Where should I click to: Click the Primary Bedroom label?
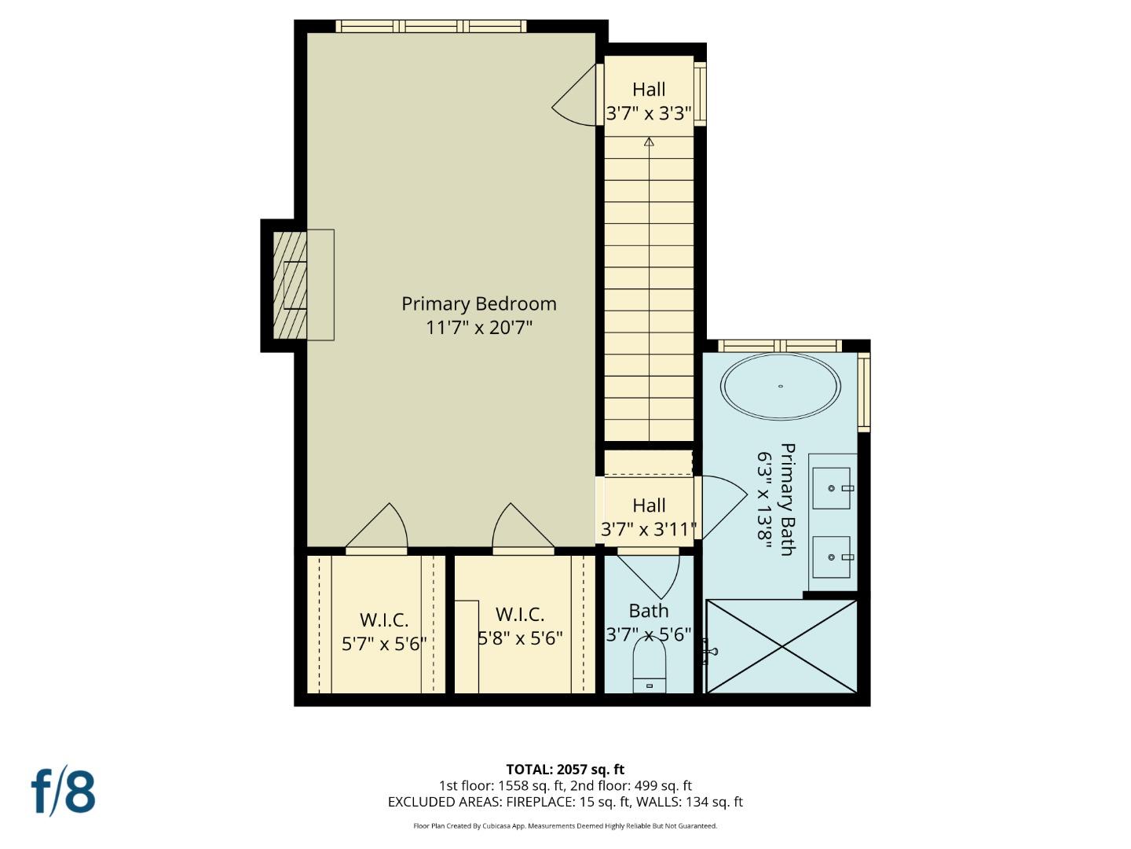click(x=478, y=303)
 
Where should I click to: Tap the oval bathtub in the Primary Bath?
click(x=781, y=386)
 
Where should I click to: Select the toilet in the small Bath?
click(x=649, y=664)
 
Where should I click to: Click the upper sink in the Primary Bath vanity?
click(x=831, y=488)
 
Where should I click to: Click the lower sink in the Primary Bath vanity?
click(x=831, y=557)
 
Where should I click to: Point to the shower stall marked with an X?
click(x=781, y=646)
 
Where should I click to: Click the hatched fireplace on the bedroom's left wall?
click(x=290, y=285)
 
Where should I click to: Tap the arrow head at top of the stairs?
click(x=649, y=142)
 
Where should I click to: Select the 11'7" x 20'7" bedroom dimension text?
click(x=478, y=328)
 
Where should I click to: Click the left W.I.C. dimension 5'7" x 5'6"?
click(x=384, y=644)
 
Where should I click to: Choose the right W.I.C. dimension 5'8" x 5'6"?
click(x=520, y=638)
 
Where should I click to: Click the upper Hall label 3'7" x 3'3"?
click(x=649, y=114)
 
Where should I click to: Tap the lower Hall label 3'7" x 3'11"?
click(x=649, y=529)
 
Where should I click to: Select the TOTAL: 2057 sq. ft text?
click(x=565, y=770)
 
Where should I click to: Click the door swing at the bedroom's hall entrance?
click(x=577, y=98)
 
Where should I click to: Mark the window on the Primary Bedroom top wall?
click(x=431, y=26)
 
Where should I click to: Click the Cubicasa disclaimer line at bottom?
click(x=565, y=826)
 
